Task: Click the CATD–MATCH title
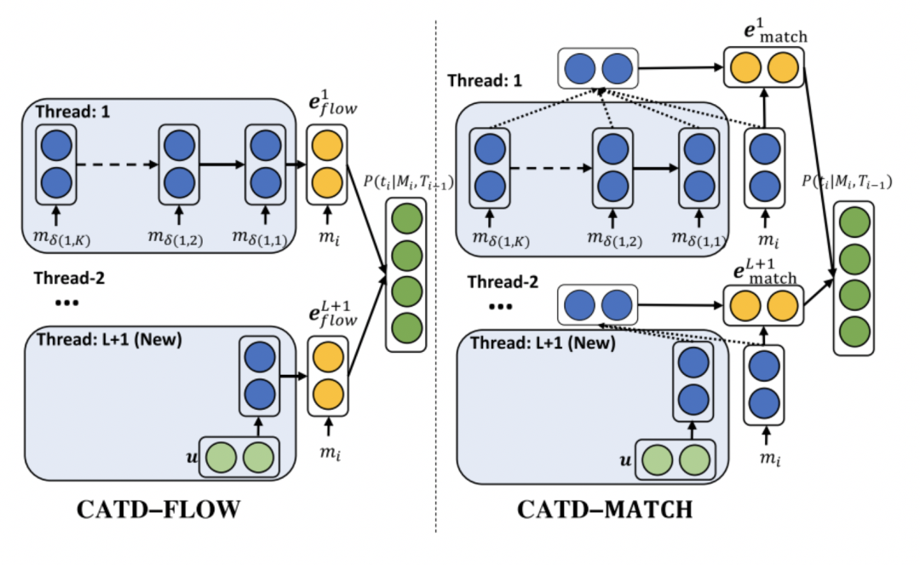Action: tap(605, 510)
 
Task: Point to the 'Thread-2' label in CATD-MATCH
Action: tap(503, 280)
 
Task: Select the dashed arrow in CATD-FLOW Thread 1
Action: tap(114, 164)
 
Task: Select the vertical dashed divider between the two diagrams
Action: tap(436, 281)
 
